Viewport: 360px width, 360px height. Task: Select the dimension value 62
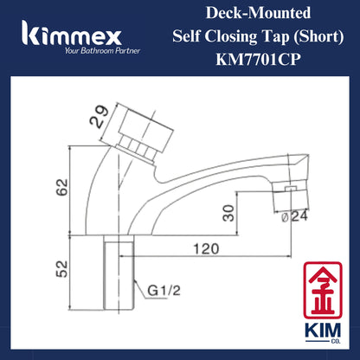(61, 189)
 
